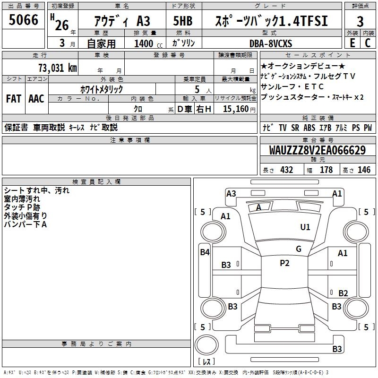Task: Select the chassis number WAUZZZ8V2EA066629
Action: (318, 150)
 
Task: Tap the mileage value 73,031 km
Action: (57, 68)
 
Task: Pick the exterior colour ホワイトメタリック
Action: (102, 89)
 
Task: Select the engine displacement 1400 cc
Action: (144, 43)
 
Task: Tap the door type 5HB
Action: (182, 21)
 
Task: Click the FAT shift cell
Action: (14, 99)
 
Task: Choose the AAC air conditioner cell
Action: (36, 99)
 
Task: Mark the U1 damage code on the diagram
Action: (305, 227)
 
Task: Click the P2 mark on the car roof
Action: (284, 263)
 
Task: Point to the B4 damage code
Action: (205, 252)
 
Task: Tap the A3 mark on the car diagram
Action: (231, 193)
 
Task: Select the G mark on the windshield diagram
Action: (299, 249)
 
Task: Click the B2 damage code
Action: (343, 293)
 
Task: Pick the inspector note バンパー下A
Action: (26, 224)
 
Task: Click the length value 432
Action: (287, 170)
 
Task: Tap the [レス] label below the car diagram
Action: (207, 362)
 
